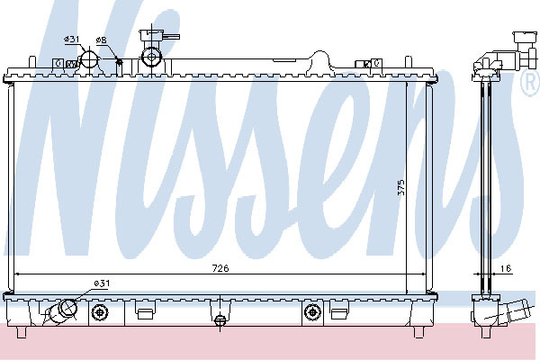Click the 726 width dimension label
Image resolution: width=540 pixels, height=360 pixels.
220,268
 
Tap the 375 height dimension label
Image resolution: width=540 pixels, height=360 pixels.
401,187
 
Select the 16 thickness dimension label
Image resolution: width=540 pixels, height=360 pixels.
506,268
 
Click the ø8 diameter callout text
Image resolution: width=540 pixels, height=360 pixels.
101,40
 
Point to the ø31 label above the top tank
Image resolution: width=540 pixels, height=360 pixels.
72,40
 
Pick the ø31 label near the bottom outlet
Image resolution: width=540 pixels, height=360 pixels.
102,283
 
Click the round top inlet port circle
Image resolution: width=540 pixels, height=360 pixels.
90,59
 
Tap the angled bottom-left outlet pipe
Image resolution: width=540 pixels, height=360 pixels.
62,311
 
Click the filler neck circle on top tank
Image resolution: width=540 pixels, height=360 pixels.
151,58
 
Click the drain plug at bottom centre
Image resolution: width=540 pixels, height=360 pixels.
220,320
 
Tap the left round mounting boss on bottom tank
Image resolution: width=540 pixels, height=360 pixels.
100,312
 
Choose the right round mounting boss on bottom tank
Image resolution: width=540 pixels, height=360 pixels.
312,312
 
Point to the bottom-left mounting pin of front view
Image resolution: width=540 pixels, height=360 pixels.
22,332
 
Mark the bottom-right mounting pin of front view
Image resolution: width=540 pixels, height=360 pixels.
418,332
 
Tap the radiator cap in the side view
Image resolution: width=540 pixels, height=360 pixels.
525,49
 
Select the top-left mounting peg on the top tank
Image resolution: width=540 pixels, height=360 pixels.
31,62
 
